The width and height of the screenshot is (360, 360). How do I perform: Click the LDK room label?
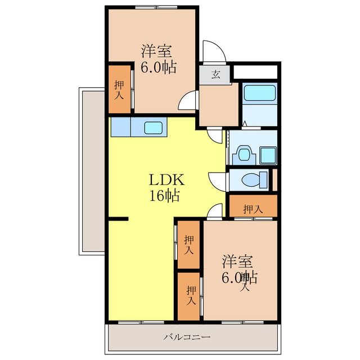[x=166, y=180]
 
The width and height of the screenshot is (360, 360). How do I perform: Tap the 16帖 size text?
[x=164, y=196]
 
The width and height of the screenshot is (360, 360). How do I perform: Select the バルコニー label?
[x=187, y=337]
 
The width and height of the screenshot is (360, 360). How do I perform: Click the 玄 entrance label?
[x=215, y=74]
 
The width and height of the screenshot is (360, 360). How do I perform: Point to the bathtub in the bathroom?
[x=260, y=93]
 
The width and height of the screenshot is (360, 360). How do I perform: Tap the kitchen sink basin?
[x=154, y=128]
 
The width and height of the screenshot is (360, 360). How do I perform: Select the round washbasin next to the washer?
[x=244, y=154]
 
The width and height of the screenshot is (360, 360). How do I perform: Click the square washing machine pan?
[x=268, y=155]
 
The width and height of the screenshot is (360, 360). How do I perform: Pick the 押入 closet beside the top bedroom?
[x=119, y=89]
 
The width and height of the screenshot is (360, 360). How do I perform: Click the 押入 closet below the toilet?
[x=253, y=206]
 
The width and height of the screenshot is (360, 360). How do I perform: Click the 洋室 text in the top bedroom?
[x=156, y=51]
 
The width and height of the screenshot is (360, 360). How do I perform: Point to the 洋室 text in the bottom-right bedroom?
[x=237, y=262]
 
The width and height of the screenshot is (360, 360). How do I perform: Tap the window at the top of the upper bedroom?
[x=156, y=7]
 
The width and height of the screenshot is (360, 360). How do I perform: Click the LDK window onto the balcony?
[x=141, y=322]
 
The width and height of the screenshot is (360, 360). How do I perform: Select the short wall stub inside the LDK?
[x=118, y=219]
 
